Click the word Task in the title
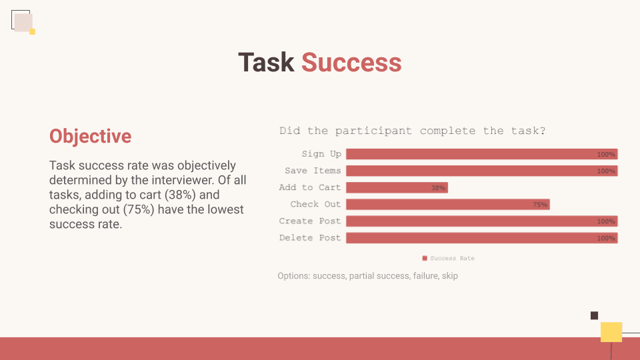[x=266, y=63]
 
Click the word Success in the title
[x=351, y=63]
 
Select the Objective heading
[x=90, y=136]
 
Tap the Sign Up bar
[x=481, y=154]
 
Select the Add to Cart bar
[x=397, y=187]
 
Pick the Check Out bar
[x=448, y=204]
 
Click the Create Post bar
[x=481, y=221]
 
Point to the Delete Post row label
[x=310, y=237]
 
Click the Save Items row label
[x=313, y=171]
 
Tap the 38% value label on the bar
[x=439, y=188]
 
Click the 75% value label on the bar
[x=540, y=205]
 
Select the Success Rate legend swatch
[x=425, y=258]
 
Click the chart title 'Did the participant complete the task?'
[x=412, y=131]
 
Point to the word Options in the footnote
[x=294, y=276]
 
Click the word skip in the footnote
[x=450, y=276]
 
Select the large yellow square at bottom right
[x=611, y=332]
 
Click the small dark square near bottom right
[x=594, y=315]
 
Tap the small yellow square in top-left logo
[x=32, y=32]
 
